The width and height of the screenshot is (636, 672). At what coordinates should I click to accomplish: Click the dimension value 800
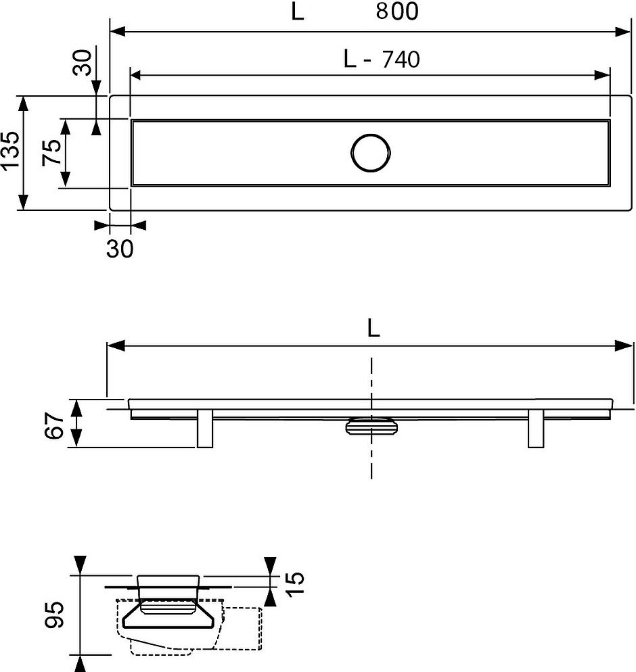[x=397, y=11]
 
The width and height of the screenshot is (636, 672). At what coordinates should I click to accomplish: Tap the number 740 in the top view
[x=401, y=59]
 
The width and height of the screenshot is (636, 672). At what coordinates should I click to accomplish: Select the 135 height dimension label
[x=10, y=151]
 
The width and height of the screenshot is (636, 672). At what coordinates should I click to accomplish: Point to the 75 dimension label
[x=52, y=153]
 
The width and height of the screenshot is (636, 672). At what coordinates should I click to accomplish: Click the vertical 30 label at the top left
[x=82, y=63]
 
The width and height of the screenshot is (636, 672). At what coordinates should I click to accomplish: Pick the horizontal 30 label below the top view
[x=120, y=249]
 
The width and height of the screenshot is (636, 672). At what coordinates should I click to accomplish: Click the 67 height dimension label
[x=55, y=425]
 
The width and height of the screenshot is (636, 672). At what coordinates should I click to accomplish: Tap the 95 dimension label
[x=54, y=615]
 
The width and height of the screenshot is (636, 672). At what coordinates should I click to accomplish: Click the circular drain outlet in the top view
[x=371, y=153]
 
